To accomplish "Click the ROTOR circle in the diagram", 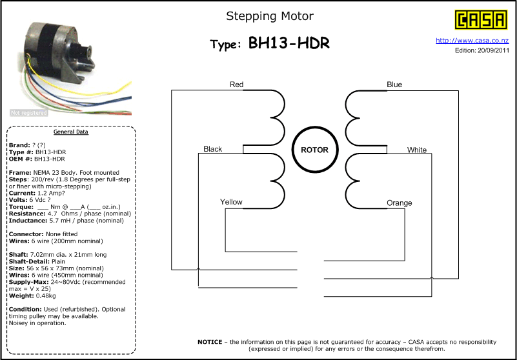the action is [x=315, y=130].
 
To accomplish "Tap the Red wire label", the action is [x=236, y=85].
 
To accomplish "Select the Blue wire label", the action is [x=394, y=85].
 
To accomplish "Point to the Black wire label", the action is [x=212, y=149].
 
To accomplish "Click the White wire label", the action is [x=417, y=150].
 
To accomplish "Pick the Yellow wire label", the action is [x=231, y=202].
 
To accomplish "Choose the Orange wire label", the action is [x=400, y=203].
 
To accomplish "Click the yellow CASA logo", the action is [x=481, y=20].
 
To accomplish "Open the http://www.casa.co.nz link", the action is [x=472, y=41].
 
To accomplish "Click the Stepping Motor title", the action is [x=270, y=16].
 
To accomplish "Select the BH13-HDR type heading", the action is [x=289, y=43].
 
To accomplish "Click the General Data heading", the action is [x=71, y=132].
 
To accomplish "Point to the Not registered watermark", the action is [x=28, y=113].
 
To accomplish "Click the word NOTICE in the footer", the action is [x=210, y=342].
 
